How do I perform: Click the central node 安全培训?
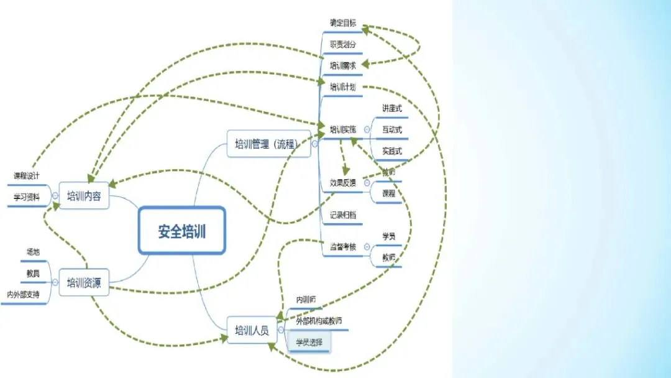181,231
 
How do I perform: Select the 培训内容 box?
84,196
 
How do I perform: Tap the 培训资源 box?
84,283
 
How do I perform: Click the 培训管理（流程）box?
268,145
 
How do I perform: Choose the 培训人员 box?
252,330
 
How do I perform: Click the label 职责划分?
343,44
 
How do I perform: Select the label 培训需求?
343,65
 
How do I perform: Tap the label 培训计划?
343,86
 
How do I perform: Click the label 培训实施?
343,130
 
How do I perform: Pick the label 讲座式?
392,108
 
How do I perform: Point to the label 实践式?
392,151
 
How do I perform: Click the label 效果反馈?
343,183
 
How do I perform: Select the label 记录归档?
343,215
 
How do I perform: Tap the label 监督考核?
343,246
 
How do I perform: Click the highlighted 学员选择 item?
309,341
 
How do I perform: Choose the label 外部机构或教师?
319,321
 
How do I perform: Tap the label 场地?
33,252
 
